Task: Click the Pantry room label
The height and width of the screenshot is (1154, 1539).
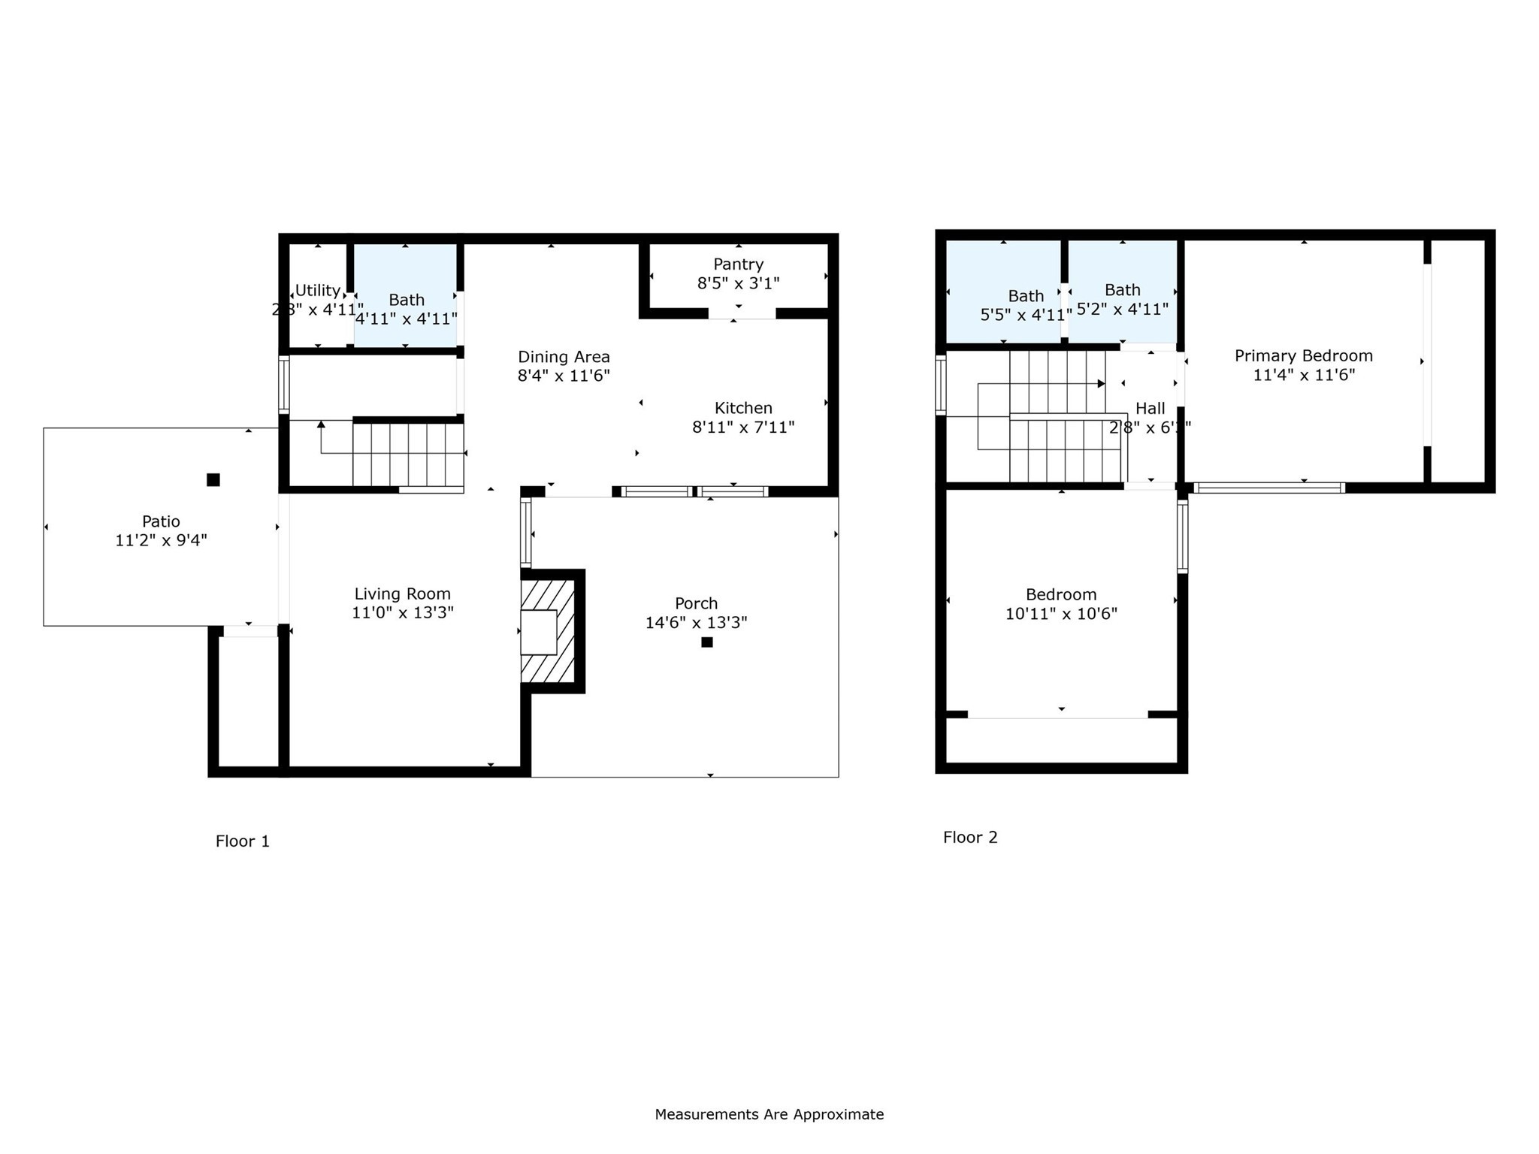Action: click(x=738, y=264)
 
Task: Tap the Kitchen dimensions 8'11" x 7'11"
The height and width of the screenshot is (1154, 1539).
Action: click(x=742, y=427)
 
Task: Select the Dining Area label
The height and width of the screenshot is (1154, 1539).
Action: click(x=564, y=357)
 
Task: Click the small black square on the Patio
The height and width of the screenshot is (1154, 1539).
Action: click(x=213, y=479)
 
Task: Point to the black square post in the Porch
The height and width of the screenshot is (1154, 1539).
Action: click(x=706, y=642)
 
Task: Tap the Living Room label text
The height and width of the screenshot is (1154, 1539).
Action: click(x=402, y=594)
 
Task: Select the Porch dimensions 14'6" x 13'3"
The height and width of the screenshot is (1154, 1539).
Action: click(x=696, y=623)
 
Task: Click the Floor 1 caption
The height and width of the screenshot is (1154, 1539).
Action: click(x=242, y=841)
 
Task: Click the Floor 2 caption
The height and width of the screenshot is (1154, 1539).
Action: click(x=970, y=838)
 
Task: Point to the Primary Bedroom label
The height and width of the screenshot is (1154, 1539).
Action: click(x=1303, y=356)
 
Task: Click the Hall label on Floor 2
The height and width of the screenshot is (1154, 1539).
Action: click(x=1150, y=409)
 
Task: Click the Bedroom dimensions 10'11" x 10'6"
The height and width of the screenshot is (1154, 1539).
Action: click(x=1061, y=614)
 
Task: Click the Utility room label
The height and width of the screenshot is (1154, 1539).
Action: click(x=317, y=291)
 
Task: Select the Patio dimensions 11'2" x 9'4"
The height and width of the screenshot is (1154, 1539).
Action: click(x=161, y=540)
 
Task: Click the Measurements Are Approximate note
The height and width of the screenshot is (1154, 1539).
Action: click(x=769, y=1114)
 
